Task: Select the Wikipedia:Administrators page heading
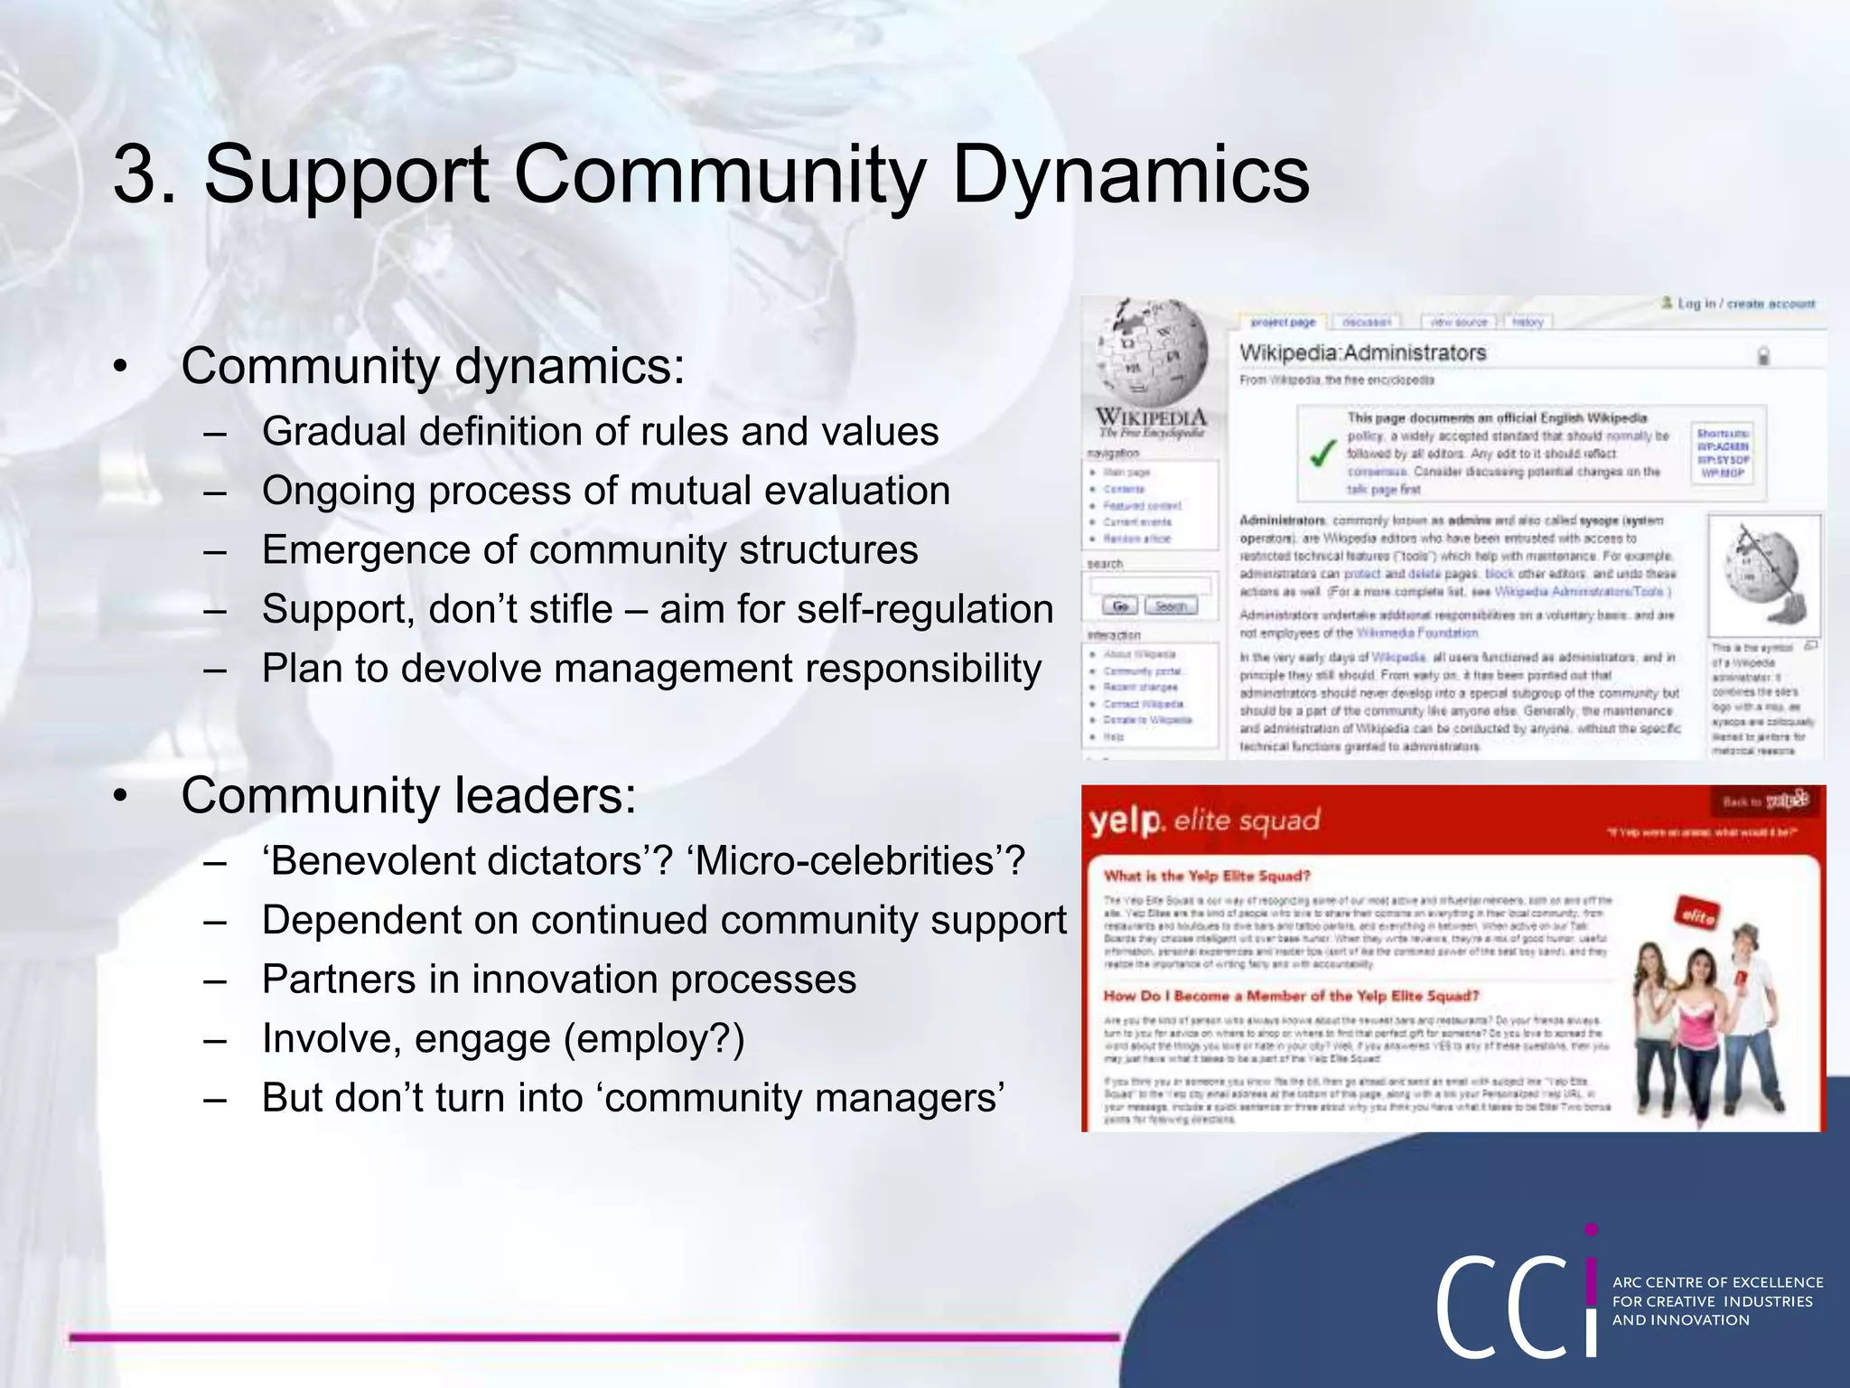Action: (1362, 353)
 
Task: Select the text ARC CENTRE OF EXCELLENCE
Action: (1717, 1282)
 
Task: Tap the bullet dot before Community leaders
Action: (120, 796)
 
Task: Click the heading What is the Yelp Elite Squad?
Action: (1207, 876)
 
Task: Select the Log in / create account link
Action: (1745, 304)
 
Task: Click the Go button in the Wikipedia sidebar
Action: (1120, 606)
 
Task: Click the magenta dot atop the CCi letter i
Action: (1592, 1230)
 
